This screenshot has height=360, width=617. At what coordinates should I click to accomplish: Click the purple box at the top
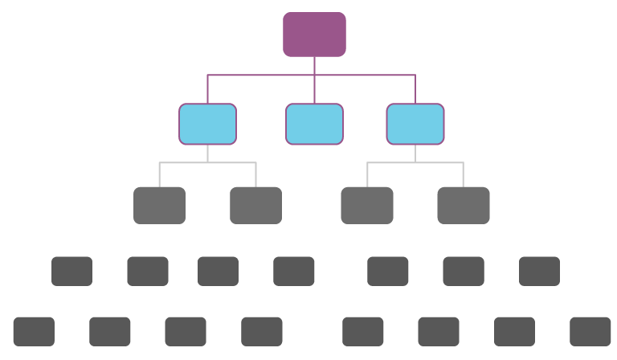[314, 35]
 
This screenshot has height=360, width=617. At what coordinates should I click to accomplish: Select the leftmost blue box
[207, 124]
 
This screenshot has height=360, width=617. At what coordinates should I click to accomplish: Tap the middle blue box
[314, 124]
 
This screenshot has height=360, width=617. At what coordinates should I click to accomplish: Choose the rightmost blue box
[415, 124]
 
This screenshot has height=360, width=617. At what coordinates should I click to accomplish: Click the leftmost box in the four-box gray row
[159, 205]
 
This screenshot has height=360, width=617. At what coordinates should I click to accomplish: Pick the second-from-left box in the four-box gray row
[255, 205]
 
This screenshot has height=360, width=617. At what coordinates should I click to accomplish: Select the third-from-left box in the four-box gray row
[367, 205]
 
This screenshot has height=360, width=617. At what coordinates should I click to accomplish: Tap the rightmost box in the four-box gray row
[464, 205]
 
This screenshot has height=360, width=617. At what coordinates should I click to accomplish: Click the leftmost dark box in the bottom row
[34, 331]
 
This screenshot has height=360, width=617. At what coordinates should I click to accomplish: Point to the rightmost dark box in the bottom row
[590, 331]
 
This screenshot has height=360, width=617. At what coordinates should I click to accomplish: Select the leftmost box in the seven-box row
[72, 272]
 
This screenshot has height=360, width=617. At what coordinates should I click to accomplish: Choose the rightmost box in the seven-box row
[539, 272]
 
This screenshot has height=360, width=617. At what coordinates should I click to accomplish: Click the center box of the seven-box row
[294, 272]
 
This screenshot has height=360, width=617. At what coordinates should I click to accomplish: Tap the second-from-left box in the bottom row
[110, 331]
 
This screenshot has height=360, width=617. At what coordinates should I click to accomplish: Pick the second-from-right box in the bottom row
[514, 331]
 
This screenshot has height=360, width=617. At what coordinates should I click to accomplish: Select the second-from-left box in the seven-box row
[148, 272]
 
